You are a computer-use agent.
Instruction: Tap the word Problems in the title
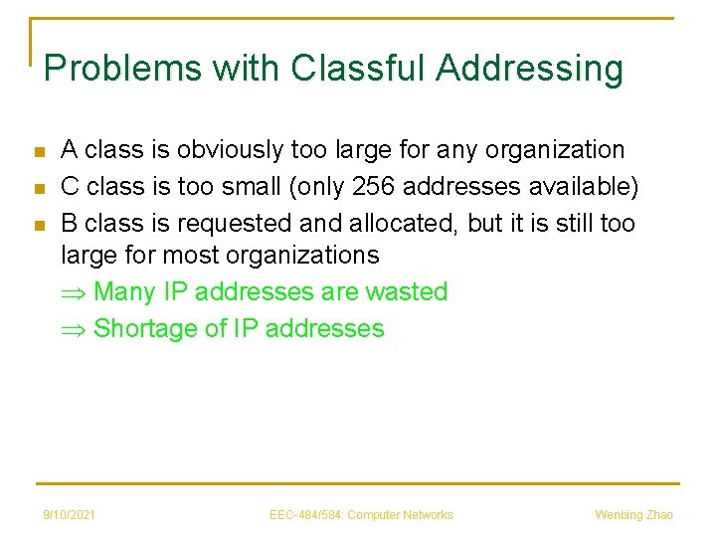tap(110, 69)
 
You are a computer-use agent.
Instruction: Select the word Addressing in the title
tap(529, 69)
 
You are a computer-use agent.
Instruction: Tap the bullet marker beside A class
tap(39, 152)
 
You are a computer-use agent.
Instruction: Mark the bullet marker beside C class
tap(39, 187)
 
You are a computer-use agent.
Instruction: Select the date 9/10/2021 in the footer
tap(69, 514)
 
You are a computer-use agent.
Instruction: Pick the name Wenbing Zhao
tap(633, 514)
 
